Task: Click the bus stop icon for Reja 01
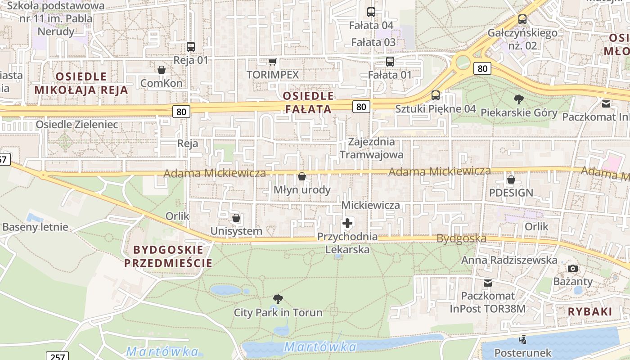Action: point(191,46)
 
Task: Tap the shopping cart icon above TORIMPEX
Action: point(272,62)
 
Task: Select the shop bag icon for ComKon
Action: point(161,70)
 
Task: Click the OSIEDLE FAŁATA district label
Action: point(309,102)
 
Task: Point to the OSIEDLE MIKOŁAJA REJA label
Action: point(81,83)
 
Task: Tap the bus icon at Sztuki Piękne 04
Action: point(435,95)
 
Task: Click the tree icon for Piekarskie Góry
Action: point(518,99)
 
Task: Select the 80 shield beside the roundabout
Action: point(482,68)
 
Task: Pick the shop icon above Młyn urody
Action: point(302,176)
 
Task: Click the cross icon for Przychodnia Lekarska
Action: point(347,223)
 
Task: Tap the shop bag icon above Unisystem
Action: point(236,218)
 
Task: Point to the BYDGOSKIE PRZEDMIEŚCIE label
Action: point(168,256)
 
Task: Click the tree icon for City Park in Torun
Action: point(278,299)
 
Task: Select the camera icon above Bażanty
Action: point(572,269)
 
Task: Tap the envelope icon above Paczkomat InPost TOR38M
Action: point(488,283)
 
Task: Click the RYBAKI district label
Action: point(590,311)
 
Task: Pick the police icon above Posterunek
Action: point(522,339)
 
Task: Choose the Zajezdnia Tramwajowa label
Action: point(372,148)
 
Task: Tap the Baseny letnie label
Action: point(36,227)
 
